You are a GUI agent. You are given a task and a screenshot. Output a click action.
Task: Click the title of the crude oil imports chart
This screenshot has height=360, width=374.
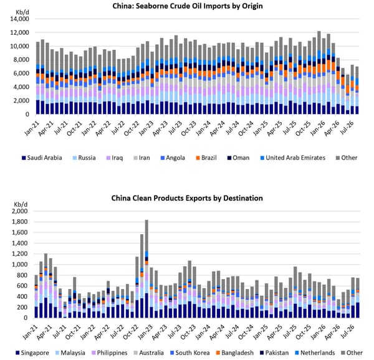tap(188, 6)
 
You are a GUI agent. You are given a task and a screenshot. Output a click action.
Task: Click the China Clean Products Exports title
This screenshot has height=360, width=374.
tap(187, 198)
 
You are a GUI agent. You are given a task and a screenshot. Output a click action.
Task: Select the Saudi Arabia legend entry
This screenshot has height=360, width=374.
tap(42, 158)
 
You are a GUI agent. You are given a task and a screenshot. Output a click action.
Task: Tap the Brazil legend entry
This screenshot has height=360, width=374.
tap(206, 158)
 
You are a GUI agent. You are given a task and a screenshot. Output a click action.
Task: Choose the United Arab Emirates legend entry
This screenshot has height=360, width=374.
tap(293, 158)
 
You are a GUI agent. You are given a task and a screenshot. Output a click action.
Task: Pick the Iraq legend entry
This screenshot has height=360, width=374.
tap(115, 158)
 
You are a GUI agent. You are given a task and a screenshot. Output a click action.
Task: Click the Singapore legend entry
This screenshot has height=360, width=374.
tap(32, 353)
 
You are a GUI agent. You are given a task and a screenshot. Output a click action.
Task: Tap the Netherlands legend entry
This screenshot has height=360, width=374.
tap(315, 353)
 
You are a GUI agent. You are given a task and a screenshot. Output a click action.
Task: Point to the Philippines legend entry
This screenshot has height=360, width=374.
tap(109, 353)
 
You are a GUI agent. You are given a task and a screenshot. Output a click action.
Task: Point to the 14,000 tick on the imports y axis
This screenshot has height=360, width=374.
tap(19, 19)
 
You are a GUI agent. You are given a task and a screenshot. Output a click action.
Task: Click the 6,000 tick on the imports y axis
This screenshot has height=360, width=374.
tap(21, 73)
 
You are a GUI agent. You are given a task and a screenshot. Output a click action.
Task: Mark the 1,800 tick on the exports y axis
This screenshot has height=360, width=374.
tap(19, 222)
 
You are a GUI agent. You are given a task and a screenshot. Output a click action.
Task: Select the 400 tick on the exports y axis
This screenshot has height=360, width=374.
tap(22, 296)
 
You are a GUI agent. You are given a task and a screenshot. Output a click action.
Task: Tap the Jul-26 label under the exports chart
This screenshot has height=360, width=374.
tap(350, 331)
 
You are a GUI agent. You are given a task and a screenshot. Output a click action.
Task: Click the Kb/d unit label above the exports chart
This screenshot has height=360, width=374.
tap(21, 204)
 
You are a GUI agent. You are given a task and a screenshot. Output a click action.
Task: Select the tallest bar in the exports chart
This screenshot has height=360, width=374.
tap(146, 268)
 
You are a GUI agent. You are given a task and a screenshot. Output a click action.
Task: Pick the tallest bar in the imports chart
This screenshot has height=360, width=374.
tap(319, 73)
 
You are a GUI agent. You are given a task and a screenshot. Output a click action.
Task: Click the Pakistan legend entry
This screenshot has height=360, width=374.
tap(274, 353)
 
